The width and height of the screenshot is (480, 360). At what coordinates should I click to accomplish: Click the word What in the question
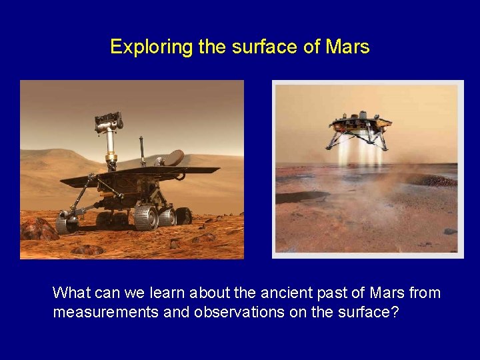[x=68, y=293]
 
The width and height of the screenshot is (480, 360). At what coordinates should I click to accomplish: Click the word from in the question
[x=425, y=293]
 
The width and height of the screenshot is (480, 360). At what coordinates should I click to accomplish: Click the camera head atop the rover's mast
[x=109, y=122]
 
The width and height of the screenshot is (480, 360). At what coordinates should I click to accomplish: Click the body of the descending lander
[x=359, y=125]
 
